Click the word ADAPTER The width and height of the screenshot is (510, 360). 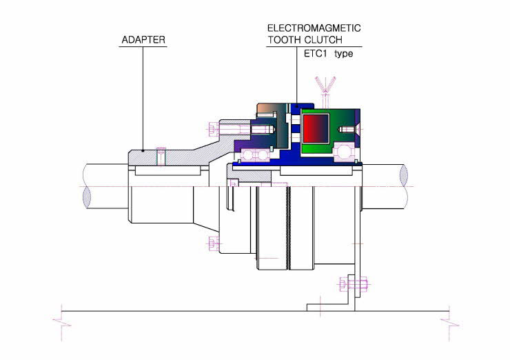[x=143, y=40]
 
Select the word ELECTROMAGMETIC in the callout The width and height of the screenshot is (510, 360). [x=314, y=28]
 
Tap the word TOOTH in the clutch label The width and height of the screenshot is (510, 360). [x=284, y=40]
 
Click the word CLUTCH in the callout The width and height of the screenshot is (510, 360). [x=324, y=40]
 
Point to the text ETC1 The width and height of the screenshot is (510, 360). [x=315, y=53]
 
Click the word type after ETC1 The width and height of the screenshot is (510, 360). [x=343, y=54]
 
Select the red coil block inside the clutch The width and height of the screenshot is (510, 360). [x=316, y=128]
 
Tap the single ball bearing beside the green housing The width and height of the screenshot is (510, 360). [x=345, y=152]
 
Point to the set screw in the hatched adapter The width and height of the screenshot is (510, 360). [x=161, y=156]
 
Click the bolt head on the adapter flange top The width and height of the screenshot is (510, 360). [x=212, y=129]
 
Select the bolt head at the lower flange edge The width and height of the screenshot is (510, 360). [x=213, y=243]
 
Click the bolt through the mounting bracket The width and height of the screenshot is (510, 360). [x=354, y=284]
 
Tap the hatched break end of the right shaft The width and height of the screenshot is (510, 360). [x=404, y=175]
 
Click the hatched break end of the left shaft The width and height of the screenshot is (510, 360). [x=87, y=197]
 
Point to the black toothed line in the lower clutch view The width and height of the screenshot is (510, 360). [x=288, y=228]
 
